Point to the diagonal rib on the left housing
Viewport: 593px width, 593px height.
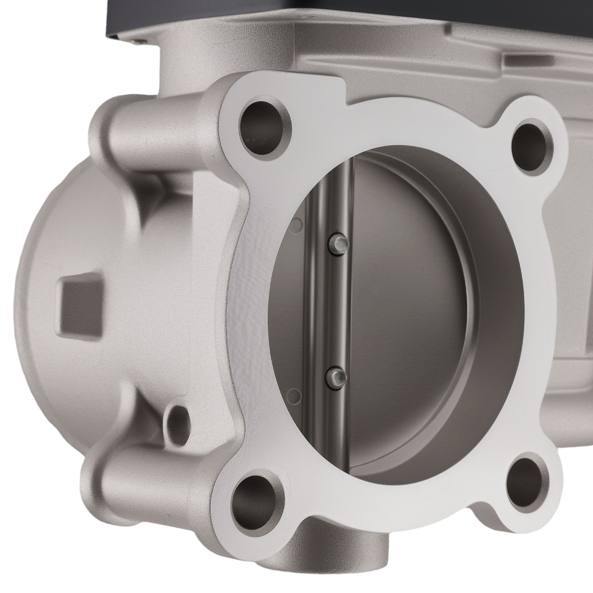148,208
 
